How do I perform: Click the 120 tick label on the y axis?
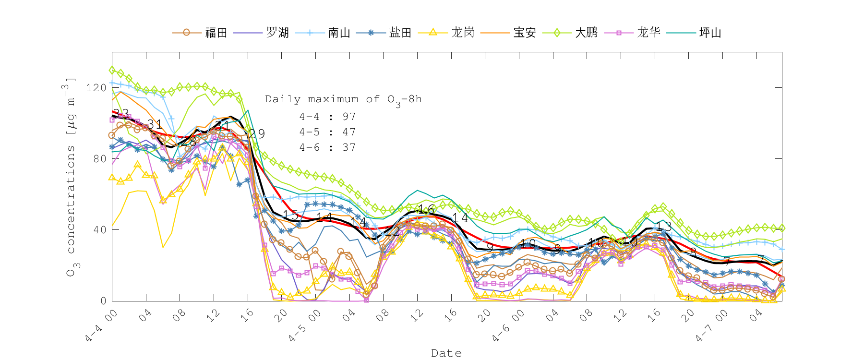(x=96, y=88)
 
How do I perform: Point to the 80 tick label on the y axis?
(x=99, y=159)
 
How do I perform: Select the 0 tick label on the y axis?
(x=103, y=301)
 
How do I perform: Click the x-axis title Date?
(x=446, y=353)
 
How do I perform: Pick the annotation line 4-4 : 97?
(x=327, y=117)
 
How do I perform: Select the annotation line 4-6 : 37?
(x=327, y=147)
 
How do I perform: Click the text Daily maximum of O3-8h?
(x=343, y=99)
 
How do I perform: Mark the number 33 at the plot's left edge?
(x=121, y=114)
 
